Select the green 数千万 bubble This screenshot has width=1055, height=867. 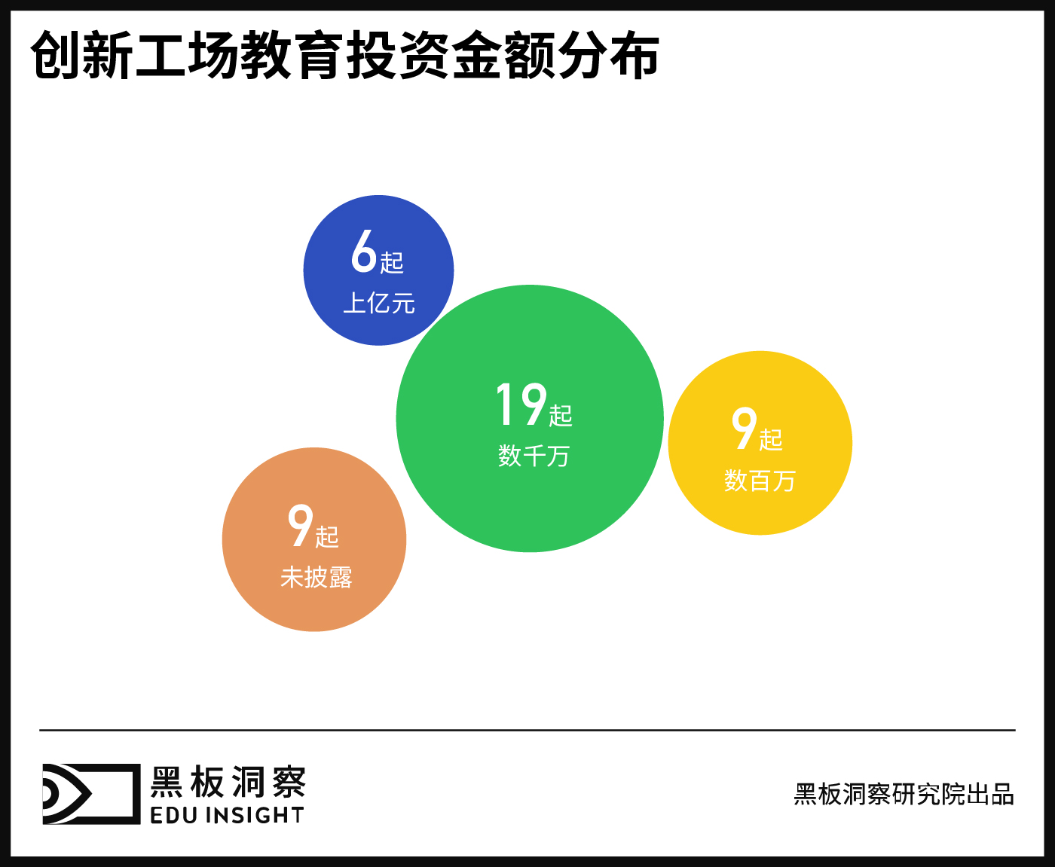[530, 505]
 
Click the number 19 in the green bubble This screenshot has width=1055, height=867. [521, 404]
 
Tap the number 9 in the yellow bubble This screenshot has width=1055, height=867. [744, 429]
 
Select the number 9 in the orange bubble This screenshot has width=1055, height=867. [300, 526]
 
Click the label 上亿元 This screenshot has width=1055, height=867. [379, 304]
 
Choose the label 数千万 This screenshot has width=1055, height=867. [534, 456]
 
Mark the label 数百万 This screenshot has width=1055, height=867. [760, 481]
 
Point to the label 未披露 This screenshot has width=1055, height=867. [316, 578]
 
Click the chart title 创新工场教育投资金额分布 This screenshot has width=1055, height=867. [345, 55]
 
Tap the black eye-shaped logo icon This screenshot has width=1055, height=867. [91, 793]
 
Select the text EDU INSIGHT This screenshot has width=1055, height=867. [227, 816]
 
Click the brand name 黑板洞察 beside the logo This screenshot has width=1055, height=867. [228, 783]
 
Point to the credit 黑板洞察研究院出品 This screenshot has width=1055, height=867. [904, 795]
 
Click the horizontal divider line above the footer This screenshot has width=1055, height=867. [527, 730]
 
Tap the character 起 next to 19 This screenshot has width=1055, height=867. [561, 415]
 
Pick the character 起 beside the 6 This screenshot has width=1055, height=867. [392, 262]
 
